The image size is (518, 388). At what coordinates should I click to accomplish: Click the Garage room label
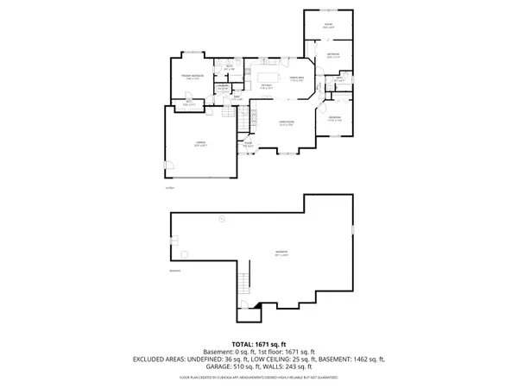199,145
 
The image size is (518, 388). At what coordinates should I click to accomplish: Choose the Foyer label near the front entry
250,145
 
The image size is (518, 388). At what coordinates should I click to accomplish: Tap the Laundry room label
222,86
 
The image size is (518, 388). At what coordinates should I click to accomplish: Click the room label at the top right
328,25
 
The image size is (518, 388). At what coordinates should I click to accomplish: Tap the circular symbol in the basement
221,220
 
